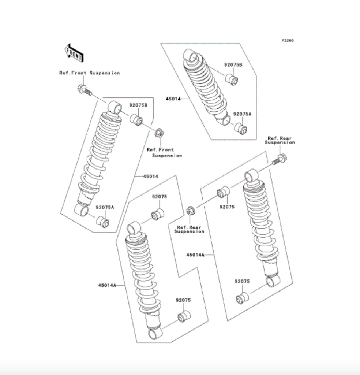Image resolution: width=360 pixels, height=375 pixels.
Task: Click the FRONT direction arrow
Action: coord(74,52)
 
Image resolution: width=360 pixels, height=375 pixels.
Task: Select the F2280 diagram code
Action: coord(287,40)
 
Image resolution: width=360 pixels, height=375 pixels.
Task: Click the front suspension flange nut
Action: coord(158,133)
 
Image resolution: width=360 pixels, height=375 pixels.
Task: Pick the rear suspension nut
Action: coord(190,211)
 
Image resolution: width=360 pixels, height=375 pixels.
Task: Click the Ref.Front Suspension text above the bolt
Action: coord(89,73)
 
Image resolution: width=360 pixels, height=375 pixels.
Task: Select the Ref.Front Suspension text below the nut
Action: coord(164,153)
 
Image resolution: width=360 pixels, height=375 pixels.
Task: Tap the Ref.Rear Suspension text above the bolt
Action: coord(280,140)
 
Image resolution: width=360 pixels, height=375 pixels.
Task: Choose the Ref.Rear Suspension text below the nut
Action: coord(189,229)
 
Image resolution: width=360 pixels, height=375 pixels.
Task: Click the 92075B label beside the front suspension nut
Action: coord(138,105)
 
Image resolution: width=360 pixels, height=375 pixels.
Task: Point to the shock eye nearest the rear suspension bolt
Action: coord(252,175)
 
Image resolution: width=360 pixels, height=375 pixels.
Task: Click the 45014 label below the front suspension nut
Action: coord(151,176)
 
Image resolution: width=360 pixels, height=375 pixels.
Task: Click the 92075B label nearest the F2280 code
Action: coord(233,65)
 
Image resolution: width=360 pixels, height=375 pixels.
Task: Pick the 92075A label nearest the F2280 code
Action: coord(243,114)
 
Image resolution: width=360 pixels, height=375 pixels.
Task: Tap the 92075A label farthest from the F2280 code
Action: coord(105,207)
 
